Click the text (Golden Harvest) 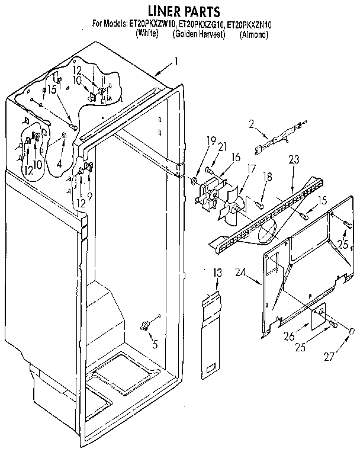pyautogui.click(x=199, y=34)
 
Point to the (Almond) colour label pyautogui.click(x=254, y=34)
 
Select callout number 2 pyautogui.click(x=251, y=124)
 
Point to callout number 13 pyautogui.click(x=217, y=273)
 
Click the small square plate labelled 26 pyautogui.click(x=318, y=317)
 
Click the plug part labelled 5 pyautogui.click(x=144, y=324)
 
